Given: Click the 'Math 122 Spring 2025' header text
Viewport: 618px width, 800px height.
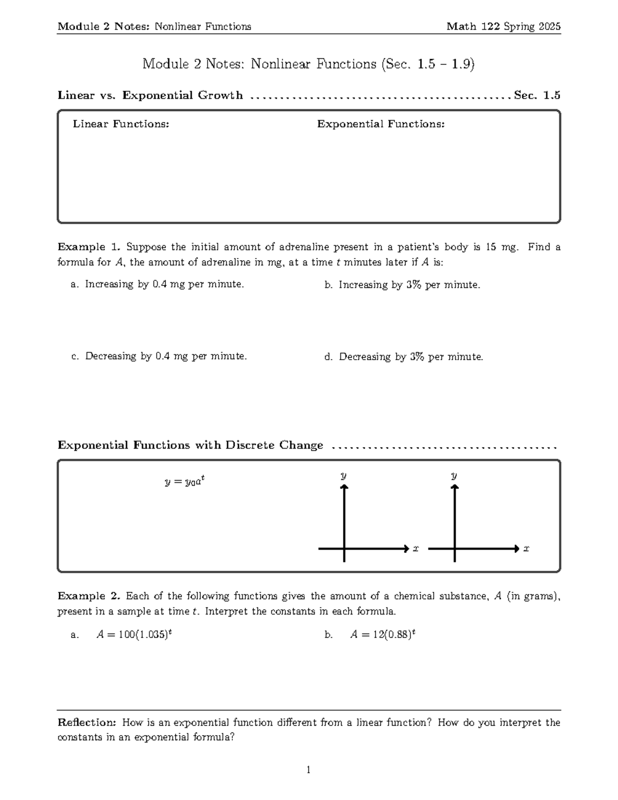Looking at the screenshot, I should click(503, 27).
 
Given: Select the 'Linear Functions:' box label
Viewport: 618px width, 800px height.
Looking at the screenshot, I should click(121, 124).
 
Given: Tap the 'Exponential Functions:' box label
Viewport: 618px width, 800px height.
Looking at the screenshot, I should click(381, 124).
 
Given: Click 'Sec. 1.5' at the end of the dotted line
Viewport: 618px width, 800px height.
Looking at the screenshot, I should click(537, 95).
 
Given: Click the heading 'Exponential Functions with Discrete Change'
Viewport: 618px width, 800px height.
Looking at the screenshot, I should click(191, 445).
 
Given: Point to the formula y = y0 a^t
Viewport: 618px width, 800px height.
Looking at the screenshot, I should click(185, 482).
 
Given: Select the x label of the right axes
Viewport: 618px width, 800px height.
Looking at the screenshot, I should click(526, 549).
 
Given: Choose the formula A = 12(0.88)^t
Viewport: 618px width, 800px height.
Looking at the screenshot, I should click(383, 635).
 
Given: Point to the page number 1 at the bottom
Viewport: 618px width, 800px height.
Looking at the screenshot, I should click(308, 770).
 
